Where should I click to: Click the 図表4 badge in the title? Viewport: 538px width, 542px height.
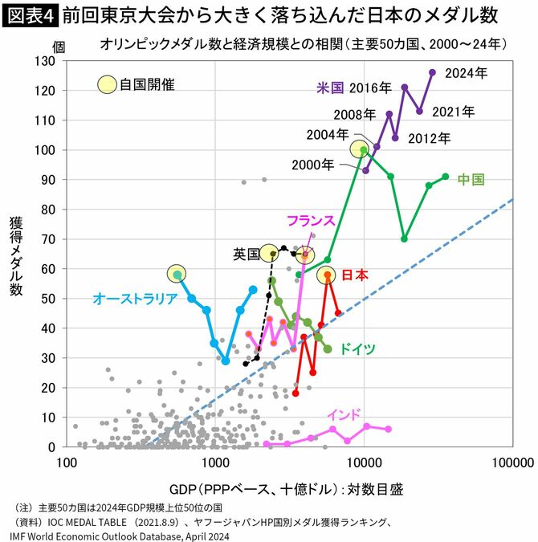click(29, 14)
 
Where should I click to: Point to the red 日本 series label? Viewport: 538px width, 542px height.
click(355, 275)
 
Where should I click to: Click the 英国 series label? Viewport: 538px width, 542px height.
click(246, 254)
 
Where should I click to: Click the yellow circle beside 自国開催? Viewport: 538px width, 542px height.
click(106, 84)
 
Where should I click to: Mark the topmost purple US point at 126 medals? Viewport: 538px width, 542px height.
click(432, 72)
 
